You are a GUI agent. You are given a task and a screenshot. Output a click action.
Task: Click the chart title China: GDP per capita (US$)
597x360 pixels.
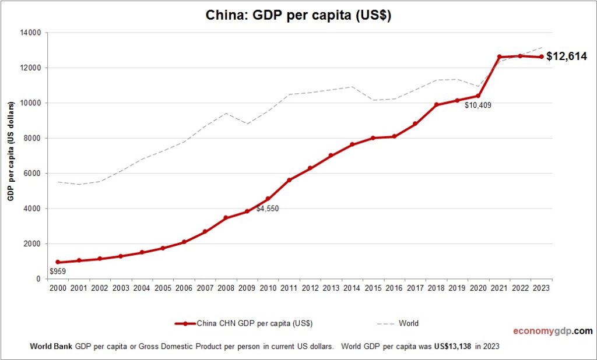pos(298,16)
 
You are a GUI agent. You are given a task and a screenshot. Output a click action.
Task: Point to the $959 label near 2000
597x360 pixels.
pos(58,271)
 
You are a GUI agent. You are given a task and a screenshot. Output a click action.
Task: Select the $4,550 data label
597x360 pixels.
pos(268,208)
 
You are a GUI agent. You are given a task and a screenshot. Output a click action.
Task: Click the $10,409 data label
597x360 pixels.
pos(478,106)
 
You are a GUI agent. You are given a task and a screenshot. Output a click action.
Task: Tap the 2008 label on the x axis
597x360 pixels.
pos(226,288)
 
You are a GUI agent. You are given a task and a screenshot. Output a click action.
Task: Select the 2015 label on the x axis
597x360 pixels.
pos(373,288)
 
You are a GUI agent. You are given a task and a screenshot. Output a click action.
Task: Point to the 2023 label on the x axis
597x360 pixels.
pos(541,288)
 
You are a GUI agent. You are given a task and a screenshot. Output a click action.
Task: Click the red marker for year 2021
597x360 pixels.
pos(499,57)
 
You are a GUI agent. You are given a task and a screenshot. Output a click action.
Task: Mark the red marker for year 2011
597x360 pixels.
pos(289,180)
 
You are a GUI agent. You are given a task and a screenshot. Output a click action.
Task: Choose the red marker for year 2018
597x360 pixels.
pos(436,105)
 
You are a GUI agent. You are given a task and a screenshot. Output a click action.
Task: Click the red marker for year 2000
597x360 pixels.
pos(58,262)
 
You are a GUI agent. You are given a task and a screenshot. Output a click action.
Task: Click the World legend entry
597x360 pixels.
pos(409,323)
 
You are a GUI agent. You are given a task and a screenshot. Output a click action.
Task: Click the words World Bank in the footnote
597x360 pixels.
pos(51,346)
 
